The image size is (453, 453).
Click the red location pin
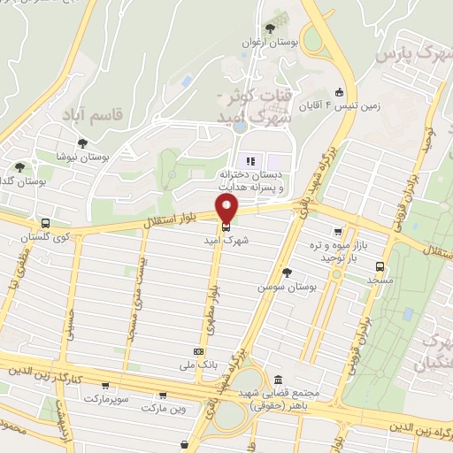[x=227, y=209]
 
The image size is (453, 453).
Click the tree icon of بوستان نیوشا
[x=82, y=142]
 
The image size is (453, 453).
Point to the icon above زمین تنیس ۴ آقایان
[x=338, y=91]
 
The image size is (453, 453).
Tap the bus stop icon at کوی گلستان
[x=45, y=223]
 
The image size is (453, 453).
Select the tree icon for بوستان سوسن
[x=285, y=273]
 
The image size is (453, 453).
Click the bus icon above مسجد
[x=380, y=265]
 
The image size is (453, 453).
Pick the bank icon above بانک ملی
[x=197, y=350]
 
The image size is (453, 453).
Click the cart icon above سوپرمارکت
[x=106, y=386]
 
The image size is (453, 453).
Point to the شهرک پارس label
[x=411, y=55]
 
